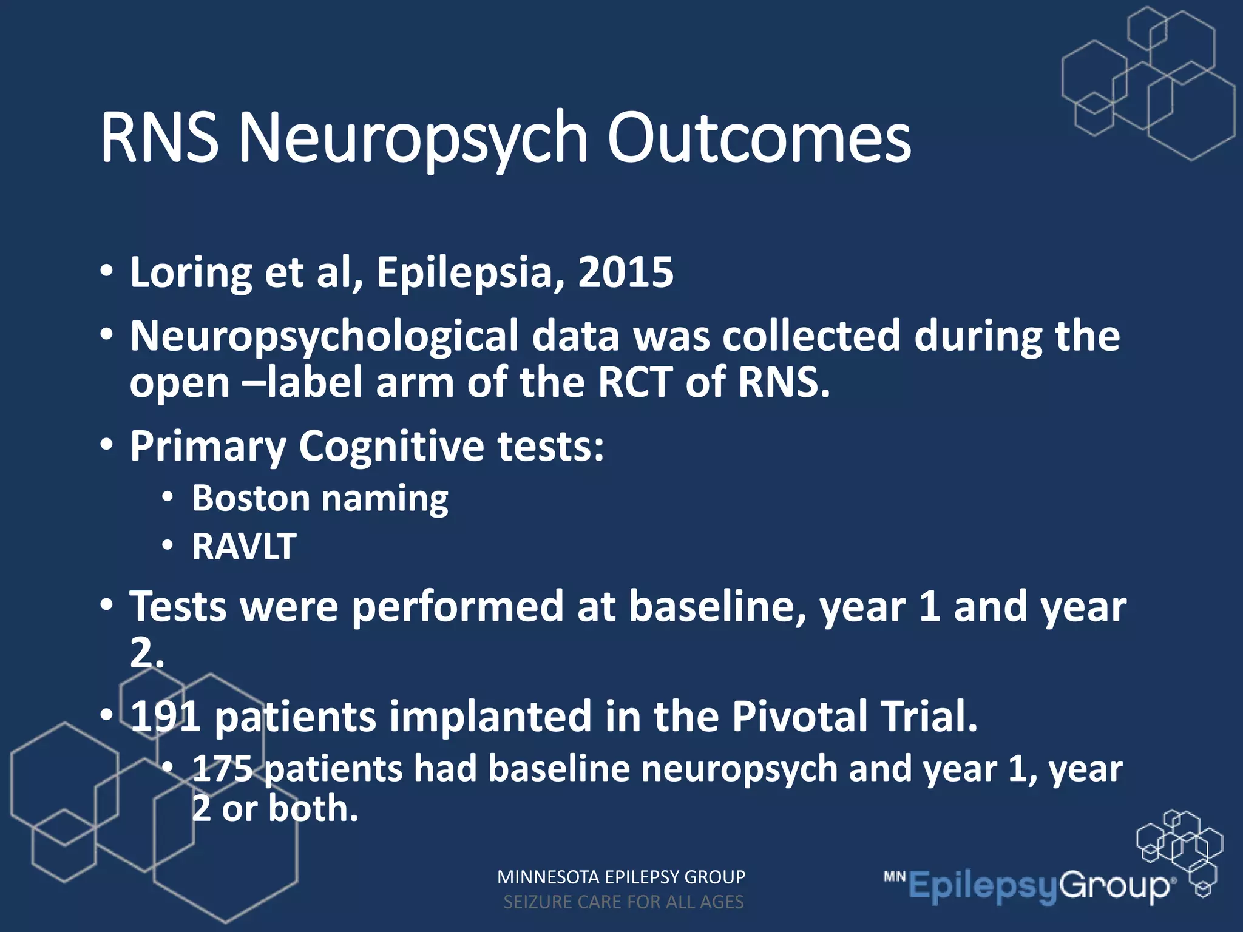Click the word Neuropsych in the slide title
pyautogui.click(x=413, y=138)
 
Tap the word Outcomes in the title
pyautogui.click(x=759, y=138)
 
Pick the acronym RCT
pyautogui.click(x=634, y=383)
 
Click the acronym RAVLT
pyautogui.click(x=244, y=546)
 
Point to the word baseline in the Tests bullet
pyautogui.click(x=717, y=607)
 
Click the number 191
pyautogui.click(x=165, y=717)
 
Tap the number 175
pyautogui.click(x=222, y=769)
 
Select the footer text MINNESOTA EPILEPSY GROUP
pyautogui.click(x=621, y=877)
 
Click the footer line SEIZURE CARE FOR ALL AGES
pyautogui.click(x=623, y=902)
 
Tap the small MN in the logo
pyautogui.click(x=894, y=876)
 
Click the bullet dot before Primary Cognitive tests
pyautogui.click(x=107, y=445)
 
